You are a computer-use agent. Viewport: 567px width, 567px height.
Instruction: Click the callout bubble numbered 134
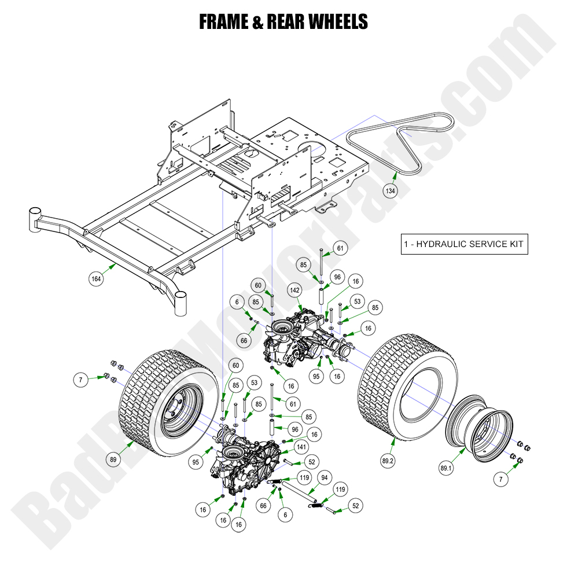[x=390, y=190]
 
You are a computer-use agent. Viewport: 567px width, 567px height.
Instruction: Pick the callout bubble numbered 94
[x=325, y=478]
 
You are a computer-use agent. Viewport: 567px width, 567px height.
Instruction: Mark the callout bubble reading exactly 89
[x=113, y=460]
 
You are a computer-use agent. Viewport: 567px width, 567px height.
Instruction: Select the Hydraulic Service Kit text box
[x=465, y=244]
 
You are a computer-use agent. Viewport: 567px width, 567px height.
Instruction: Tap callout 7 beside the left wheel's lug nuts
[x=82, y=380]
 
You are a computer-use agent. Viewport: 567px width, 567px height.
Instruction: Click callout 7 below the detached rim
[x=501, y=478]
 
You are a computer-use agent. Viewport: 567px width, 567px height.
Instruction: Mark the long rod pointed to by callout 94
[x=301, y=494]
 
